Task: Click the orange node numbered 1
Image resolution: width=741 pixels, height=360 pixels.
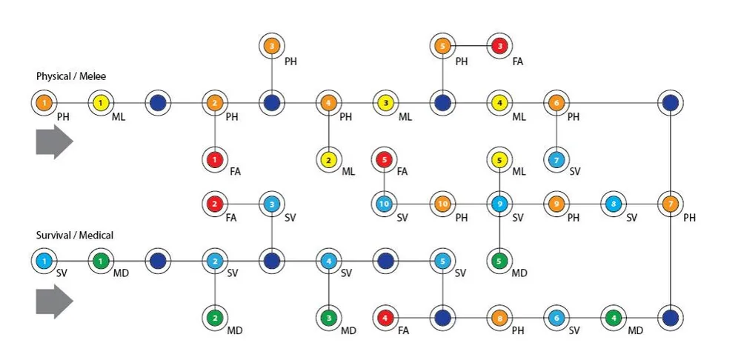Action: [x=44, y=102]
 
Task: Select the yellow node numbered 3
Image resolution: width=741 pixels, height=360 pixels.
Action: [x=385, y=102]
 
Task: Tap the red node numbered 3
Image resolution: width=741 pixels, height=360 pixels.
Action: [x=500, y=46]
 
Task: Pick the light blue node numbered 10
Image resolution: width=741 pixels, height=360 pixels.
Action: [x=385, y=203]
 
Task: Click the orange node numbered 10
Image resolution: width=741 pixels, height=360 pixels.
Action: [x=442, y=203]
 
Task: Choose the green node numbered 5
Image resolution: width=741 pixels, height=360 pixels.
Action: [x=499, y=261]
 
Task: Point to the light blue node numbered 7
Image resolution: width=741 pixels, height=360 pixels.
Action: [x=556, y=159]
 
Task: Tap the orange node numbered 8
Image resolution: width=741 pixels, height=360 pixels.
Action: [x=500, y=318]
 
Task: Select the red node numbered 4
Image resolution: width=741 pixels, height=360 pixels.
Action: [x=385, y=318]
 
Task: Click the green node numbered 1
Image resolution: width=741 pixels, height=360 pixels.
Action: [x=101, y=261]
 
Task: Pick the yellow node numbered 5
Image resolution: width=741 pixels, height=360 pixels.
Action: [x=499, y=159]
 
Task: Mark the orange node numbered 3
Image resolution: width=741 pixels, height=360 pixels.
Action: [x=272, y=46]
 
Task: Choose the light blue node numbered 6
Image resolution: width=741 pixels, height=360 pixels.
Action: [x=556, y=318]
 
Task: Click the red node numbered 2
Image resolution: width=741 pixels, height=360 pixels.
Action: [x=215, y=203]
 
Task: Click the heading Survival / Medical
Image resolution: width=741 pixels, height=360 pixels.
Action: [x=75, y=235]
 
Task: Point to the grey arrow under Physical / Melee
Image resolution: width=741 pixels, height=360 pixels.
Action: [x=54, y=142]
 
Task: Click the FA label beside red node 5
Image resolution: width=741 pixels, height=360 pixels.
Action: [x=404, y=172]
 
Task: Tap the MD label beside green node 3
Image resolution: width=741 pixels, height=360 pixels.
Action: [x=348, y=330]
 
